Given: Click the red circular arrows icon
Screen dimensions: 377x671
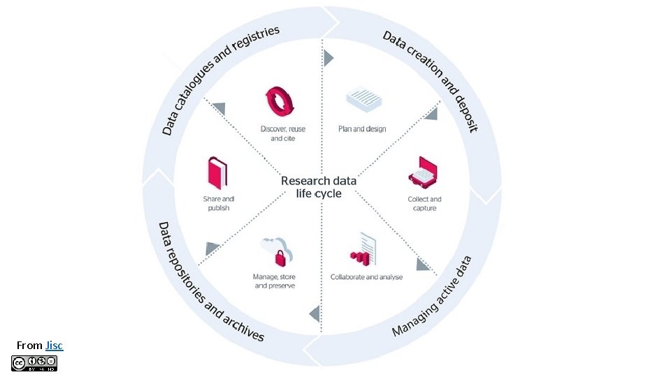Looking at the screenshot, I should tap(282, 103).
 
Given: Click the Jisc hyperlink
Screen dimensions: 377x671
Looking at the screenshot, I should tap(54, 345).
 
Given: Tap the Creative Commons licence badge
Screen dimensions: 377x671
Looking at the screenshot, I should tap(34, 363).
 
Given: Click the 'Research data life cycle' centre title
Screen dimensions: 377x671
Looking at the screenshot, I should tap(319, 186).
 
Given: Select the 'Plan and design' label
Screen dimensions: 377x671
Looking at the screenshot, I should tap(362, 129).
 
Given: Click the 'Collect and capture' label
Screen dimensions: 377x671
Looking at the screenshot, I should tap(424, 204).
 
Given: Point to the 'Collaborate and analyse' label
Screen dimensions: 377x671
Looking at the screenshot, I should tap(366, 277).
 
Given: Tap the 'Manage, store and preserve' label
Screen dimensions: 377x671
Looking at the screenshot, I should tap(275, 281).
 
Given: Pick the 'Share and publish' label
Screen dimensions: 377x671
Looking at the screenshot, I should tap(219, 204).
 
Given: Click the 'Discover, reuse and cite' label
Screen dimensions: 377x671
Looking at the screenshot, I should tap(282, 133).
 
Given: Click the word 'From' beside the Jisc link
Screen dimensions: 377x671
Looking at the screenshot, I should tap(29, 345).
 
